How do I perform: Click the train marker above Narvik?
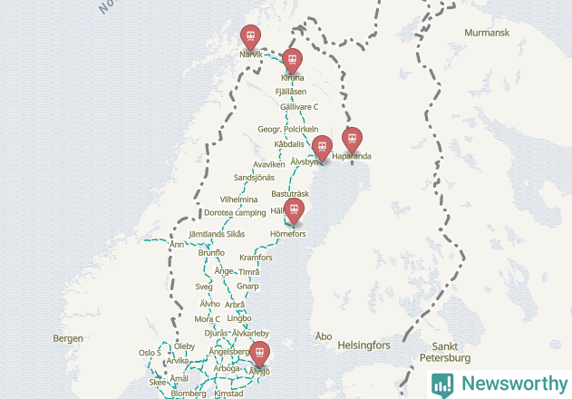[x=250, y=36]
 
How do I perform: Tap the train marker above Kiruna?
[x=291, y=60]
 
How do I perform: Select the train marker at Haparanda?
[x=352, y=139]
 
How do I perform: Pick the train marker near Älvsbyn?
[x=322, y=145]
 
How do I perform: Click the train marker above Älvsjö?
[x=260, y=352]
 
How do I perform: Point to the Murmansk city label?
[x=487, y=33]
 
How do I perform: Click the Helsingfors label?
[x=363, y=345]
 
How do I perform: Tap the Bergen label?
[x=68, y=338]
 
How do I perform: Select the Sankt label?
[x=445, y=346]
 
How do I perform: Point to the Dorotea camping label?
[x=235, y=212]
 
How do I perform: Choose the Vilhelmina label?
[x=238, y=199]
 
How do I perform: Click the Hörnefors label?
[x=288, y=234]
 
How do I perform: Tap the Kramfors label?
[x=256, y=258]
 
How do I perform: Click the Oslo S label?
[x=150, y=353]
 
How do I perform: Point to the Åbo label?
[x=323, y=336]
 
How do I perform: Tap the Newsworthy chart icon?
[x=442, y=384]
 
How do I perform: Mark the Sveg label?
[x=204, y=287]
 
